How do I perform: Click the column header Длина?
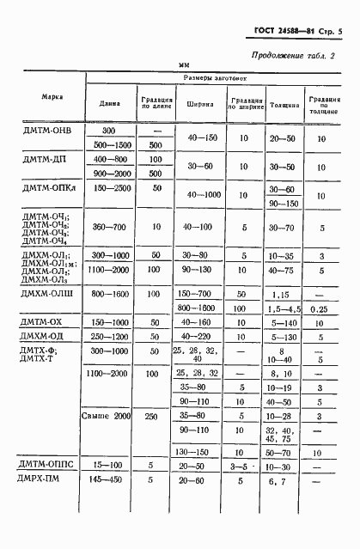tap(110, 104)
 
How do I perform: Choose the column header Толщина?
tap(284, 105)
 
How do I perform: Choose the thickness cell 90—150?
tap(284, 204)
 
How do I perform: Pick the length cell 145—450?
tap(109, 481)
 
